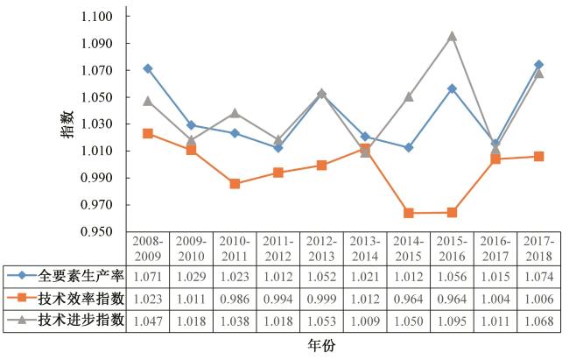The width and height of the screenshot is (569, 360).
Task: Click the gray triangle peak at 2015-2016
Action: coord(452,37)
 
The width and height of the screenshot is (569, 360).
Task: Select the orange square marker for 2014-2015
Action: coord(409,213)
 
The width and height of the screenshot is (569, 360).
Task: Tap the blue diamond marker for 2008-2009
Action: coord(148,68)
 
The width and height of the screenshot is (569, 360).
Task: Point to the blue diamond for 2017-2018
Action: coord(538,65)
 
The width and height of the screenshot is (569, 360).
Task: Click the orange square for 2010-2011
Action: coord(235,184)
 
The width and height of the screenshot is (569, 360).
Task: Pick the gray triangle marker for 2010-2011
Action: coord(235,113)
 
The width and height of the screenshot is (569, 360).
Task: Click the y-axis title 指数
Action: coord(67,124)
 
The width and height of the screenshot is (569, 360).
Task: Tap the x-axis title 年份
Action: coord(320,346)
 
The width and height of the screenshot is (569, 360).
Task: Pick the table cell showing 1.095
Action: coord(452,320)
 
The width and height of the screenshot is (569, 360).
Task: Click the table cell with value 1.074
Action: coord(538,276)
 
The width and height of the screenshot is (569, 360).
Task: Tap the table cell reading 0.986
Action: coord(235,298)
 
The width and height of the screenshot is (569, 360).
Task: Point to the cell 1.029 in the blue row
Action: coord(192,276)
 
